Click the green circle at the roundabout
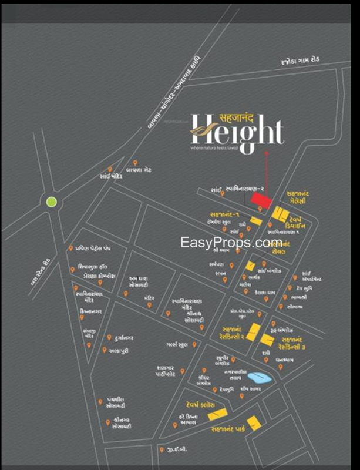52,202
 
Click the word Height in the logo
238,130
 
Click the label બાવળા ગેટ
151,169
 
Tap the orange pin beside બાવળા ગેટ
136,163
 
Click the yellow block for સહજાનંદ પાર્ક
254,423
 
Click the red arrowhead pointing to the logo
267,153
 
